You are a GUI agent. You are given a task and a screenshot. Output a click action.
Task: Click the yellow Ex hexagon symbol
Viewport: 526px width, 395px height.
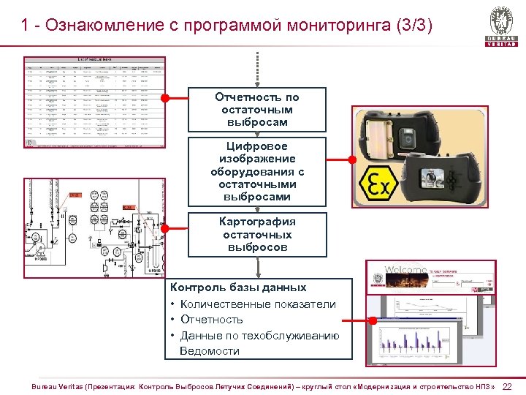(380, 187)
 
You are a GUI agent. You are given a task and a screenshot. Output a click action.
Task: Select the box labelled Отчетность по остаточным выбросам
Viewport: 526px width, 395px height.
(256, 110)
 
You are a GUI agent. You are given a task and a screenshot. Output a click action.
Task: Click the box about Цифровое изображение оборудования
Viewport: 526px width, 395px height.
(256, 171)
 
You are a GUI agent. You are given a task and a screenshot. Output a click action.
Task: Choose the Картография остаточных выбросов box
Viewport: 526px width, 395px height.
(256, 234)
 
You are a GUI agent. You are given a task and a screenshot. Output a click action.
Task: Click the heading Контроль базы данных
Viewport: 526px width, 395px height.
(238, 287)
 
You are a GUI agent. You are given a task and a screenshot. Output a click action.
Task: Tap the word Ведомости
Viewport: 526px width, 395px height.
(210, 351)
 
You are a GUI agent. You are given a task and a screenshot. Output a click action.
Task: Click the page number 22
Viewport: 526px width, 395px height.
(507, 386)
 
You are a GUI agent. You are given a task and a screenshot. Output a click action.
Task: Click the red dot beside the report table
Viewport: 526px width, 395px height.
(166, 97)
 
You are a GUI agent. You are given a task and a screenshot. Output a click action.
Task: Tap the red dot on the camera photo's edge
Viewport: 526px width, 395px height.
(351, 158)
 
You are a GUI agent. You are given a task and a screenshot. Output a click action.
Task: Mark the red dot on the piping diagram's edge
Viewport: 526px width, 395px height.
(164, 227)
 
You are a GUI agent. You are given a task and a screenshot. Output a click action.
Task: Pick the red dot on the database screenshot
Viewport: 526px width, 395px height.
(373, 320)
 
